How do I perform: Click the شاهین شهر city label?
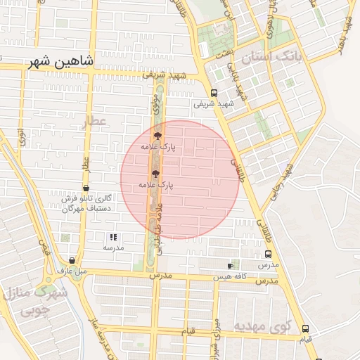coord(60,62)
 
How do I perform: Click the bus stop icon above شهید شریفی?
coord(214,93)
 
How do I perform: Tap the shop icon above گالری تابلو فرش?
coord(86,188)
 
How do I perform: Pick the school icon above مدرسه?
coord(113,238)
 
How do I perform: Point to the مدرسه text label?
coord(113,247)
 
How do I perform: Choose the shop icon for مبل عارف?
coord(71,260)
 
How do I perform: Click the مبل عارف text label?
coord(72,270)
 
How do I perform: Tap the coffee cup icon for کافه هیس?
coord(230,266)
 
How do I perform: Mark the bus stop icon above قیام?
coord(305,328)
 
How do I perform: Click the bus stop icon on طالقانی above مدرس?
coord(267,255)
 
